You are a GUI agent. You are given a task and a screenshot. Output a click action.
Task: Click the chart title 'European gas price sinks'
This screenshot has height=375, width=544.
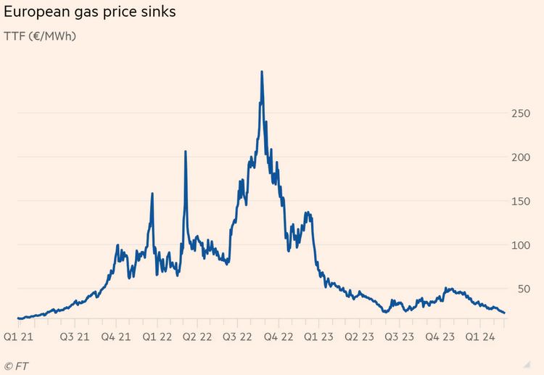(89, 12)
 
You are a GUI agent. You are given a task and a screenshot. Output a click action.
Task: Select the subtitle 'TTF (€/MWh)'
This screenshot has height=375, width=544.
(40, 36)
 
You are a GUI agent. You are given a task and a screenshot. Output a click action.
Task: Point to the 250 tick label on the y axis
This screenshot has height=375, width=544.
(520, 113)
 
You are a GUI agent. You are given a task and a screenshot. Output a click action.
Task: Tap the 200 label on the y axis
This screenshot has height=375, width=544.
(520, 157)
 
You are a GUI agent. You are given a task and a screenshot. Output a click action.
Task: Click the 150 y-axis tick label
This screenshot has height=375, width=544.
(520, 202)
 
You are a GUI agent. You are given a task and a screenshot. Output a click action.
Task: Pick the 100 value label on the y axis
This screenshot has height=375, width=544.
(520, 246)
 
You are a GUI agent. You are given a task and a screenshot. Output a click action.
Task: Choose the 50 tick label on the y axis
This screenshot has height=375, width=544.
(524, 289)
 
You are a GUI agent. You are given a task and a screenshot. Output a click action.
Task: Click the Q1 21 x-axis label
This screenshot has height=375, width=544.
(18, 337)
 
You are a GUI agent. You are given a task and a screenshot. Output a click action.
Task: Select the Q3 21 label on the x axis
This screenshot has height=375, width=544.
(75, 337)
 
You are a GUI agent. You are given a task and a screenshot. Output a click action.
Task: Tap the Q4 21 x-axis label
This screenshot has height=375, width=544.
(116, 337)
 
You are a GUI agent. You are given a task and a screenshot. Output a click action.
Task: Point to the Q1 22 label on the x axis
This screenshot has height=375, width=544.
(157, 337)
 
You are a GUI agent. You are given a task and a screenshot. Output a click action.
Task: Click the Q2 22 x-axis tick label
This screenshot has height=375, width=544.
(197, 337)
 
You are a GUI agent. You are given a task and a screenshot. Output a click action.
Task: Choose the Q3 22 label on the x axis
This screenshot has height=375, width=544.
(237, 337)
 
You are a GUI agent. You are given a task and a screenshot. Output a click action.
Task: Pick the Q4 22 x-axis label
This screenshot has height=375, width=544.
(279, 337)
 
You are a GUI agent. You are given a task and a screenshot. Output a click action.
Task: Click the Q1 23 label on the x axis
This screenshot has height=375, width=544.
(318, 337)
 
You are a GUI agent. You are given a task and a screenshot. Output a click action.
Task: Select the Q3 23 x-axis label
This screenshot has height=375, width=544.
(400, 337)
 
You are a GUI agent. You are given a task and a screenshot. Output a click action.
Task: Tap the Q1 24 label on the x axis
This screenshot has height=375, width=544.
(480, 337)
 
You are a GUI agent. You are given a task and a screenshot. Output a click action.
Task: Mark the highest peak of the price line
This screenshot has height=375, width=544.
(262, 72)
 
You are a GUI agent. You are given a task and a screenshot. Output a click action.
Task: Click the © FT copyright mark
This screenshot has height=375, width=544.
(16, 366)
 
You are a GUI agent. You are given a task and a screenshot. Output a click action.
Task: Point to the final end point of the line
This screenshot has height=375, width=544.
(504, 313)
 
